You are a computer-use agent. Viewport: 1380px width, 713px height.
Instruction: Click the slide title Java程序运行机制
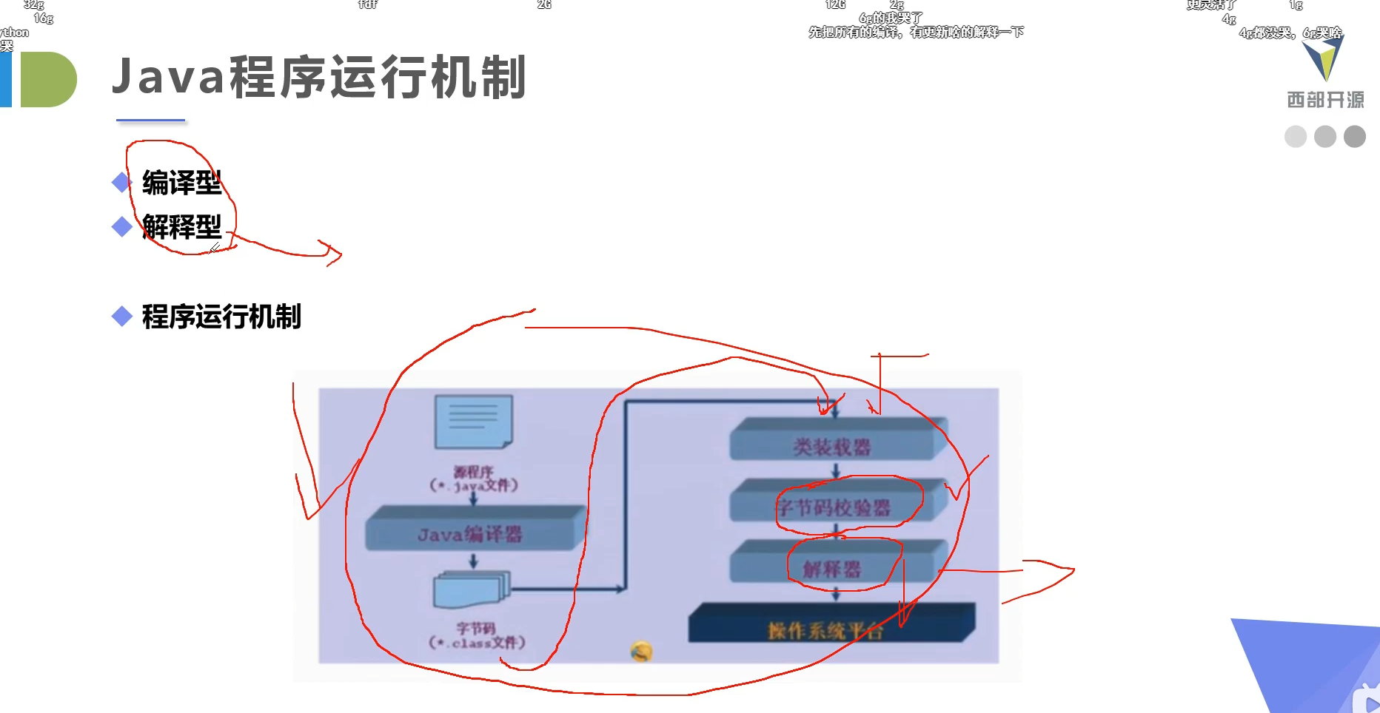(x=318, y=78)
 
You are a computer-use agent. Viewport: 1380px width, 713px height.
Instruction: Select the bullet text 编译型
(x=181, y=183)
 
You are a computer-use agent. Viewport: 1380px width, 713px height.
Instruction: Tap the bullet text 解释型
(x=181, y=227)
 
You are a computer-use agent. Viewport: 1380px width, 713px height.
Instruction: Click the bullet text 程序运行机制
(x=221, y=317)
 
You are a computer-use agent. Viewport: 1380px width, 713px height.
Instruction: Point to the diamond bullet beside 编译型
(x=121, y=182)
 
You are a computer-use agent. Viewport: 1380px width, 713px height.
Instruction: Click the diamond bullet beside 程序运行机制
(x=121, y=317)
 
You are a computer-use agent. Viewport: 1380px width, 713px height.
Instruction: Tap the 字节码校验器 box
(x=832, y=507)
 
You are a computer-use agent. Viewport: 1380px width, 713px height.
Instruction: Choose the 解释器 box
(x=832, y=568)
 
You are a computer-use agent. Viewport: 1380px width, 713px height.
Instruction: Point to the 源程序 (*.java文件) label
(x=474, y=479)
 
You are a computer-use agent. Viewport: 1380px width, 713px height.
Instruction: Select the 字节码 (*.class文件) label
(x=477, y=635)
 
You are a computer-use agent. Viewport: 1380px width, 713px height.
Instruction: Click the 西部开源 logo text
(x=1325, y=100)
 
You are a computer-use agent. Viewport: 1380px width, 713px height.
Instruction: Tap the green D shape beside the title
(x=47, y=79)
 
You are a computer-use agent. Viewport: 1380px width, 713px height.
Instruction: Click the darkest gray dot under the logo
(x=1354, y=137)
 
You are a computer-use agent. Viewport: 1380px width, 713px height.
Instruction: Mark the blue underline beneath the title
(x=150, y=120)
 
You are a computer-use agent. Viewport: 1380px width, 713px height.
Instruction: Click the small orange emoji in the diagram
(x=641, y=651)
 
